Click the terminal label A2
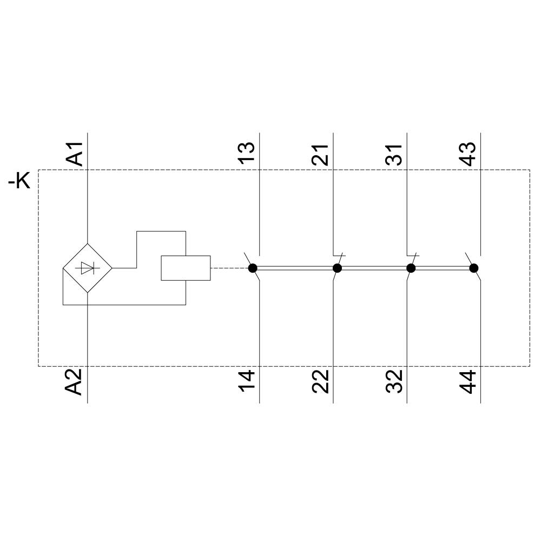(75, 382)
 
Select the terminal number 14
(247, 382)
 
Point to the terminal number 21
(321, 154)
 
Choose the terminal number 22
(321, 382)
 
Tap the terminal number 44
(468, 382)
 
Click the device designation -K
(19, 182)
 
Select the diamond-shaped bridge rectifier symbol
(87, 268)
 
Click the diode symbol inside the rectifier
(87, 268)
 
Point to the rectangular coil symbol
(186, 268)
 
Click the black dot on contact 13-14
(252, 268)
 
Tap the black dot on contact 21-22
(337, 268)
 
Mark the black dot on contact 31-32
(411, 268)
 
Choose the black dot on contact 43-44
(474, 268)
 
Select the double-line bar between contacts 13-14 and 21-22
(295, 268)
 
